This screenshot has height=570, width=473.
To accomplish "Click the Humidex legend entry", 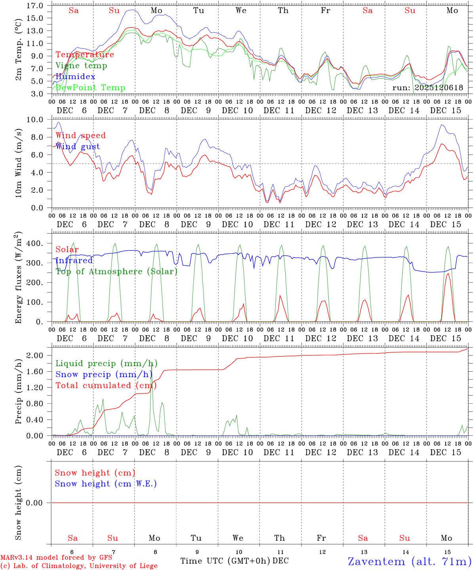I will (75, 76).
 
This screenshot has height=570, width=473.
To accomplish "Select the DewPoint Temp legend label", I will (90, 87).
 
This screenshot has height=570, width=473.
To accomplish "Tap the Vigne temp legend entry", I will (81, 65).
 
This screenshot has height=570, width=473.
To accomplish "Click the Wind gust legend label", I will (78, 146).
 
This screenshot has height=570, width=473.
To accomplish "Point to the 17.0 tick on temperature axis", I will (35, 6).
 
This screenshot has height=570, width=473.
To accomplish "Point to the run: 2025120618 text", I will (428, 87).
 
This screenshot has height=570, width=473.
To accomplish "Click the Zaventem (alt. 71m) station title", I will (410, 561).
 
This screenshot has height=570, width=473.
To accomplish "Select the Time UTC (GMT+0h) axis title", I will (225, 560).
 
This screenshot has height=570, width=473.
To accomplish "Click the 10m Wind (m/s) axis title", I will (19, 163).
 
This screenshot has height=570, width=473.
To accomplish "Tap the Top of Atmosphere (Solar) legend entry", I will (116, 272).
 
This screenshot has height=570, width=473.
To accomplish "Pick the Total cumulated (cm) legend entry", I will (105, 385).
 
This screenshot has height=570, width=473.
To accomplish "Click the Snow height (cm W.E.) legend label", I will (106, 484).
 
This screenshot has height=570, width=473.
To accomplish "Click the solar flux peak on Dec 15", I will (448, 274).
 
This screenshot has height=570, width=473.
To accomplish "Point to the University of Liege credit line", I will (79, 566).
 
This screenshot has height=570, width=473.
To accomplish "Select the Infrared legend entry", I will (74, 260).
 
